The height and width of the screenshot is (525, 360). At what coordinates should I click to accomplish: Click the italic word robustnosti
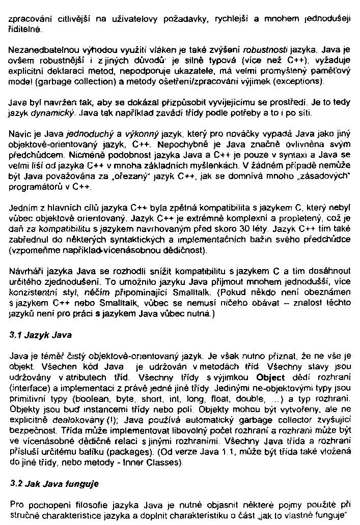pyautogui.click(x=267, y=51)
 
